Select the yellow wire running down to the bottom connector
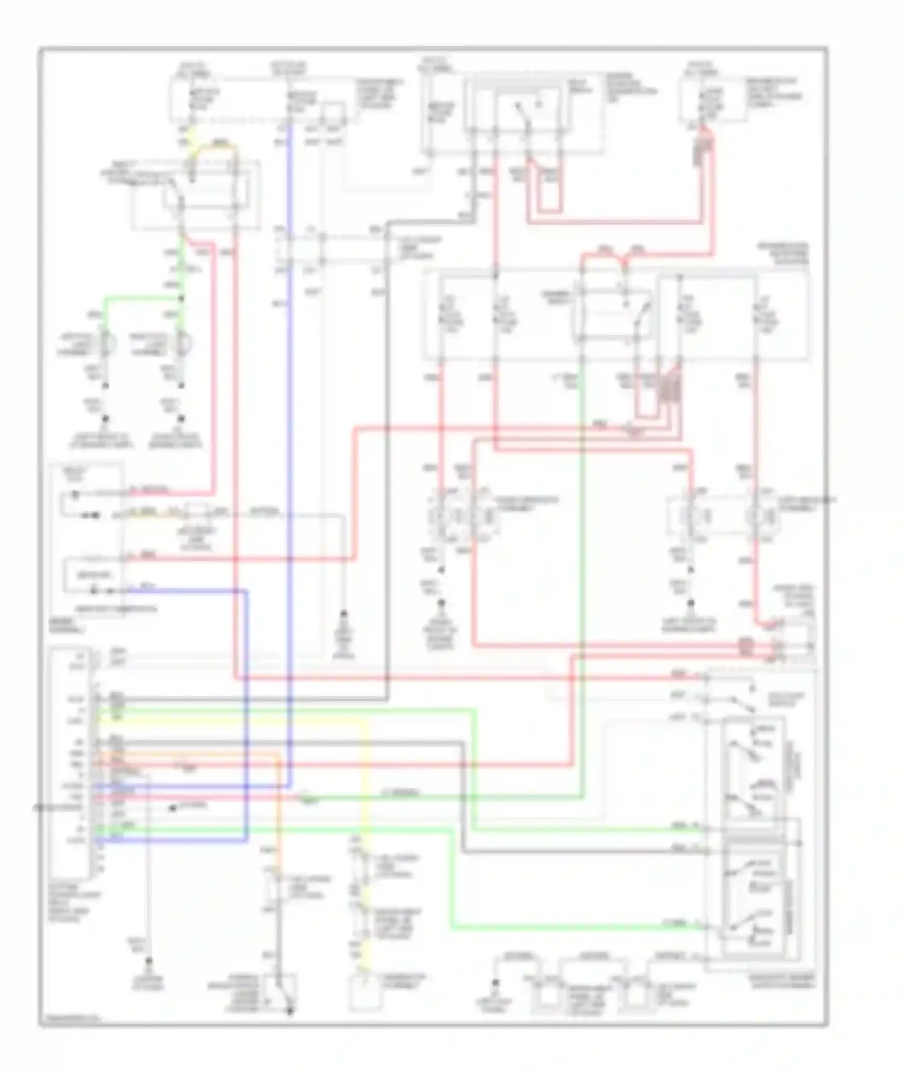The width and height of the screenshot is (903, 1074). click(365, 783)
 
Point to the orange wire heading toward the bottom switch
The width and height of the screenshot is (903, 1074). click(279, 813)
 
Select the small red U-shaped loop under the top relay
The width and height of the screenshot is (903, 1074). click(550, 199)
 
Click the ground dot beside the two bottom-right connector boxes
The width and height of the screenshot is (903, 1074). click(495, 983)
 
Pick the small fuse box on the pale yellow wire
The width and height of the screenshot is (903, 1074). click(197, 513)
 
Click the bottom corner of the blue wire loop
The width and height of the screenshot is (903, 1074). click(246, 840)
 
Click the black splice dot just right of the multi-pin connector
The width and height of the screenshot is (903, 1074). click(173, 808)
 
